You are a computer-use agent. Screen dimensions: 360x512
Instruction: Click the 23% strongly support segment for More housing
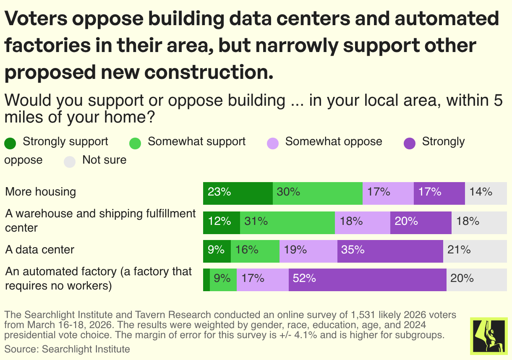[238, 193]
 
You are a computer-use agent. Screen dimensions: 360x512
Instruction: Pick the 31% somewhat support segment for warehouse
[287, 222]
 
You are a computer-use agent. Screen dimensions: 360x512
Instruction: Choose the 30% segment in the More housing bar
[317, 193]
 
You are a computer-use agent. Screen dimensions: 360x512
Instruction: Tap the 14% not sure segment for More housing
[486, 193]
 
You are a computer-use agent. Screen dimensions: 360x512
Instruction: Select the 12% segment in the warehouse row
[221, 222]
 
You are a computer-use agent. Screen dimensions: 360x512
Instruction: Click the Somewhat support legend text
[196, 141]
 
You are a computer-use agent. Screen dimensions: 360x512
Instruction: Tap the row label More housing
[41, 192]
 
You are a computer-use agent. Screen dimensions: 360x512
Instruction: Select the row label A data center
[40, 250]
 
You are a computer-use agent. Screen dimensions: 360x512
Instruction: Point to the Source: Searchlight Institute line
[67, 349]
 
